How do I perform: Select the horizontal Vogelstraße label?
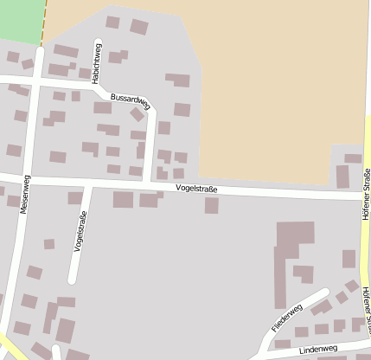(x=195, y=188)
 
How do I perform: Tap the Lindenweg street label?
(x=317, y=348)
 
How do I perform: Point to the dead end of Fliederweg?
(x=327, y=292)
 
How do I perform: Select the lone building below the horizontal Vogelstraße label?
(x=211, y=205)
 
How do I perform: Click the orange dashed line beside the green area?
(x=42, y=22)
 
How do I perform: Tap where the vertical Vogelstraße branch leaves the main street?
(x=89, y=184)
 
